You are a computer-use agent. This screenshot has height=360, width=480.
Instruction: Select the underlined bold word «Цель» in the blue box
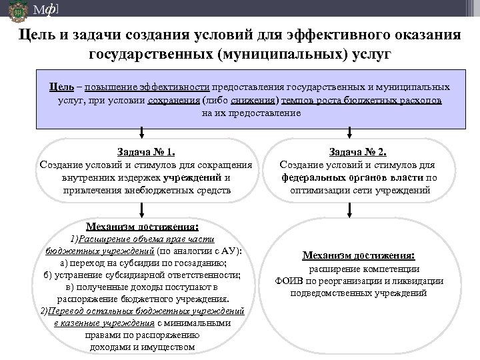coord(61,87)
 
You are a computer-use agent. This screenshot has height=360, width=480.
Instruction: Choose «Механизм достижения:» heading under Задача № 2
coord(359,255)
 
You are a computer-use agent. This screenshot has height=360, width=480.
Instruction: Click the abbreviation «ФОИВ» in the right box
coord(288,281)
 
